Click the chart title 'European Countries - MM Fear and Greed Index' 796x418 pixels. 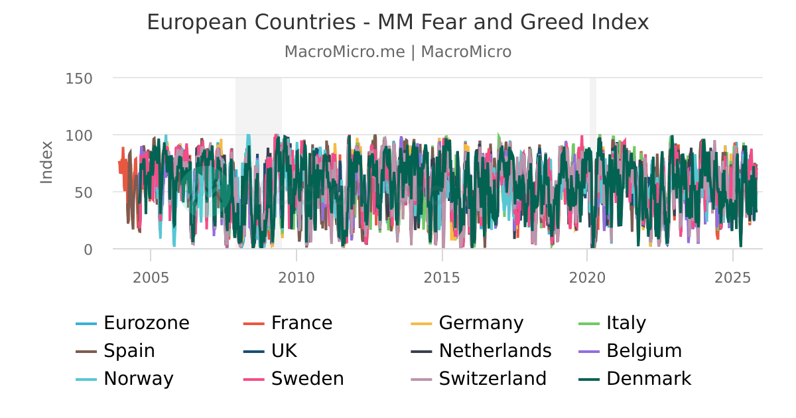pos(397,23)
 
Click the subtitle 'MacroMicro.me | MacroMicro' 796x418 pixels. pos(397,52)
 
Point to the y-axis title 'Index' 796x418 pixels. pos(46,163)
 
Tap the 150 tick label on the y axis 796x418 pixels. pos(79,78)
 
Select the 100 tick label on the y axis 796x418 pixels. pos(79,135)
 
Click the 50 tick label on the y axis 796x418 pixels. pos(83,192)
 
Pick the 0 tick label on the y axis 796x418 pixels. pos(88,249)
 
